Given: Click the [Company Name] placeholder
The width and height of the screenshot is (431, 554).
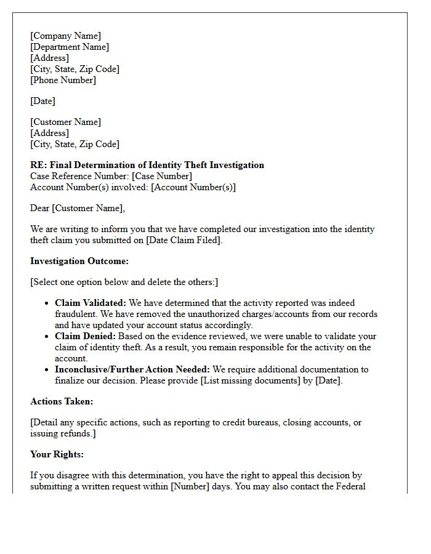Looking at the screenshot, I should tap(66, 36).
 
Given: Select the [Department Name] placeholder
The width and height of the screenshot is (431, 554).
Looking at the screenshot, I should tap(70, 47).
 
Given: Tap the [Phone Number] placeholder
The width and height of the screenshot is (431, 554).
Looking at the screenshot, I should tap(63, 80).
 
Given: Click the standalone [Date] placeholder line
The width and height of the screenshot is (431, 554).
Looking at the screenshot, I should tap(43, 101).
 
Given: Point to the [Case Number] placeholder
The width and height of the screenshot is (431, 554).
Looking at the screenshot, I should tap(162, 176).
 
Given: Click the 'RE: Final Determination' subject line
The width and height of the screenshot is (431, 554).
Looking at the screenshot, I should tap(147, 165).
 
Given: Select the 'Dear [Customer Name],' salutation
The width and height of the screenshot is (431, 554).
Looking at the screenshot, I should tap(78, 208).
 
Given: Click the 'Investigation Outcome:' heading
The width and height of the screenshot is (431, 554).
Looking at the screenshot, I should tap(79, 261).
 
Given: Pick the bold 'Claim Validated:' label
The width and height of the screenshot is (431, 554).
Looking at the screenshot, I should tap(91, 303).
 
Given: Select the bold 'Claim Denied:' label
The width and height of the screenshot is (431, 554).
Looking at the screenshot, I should tap(85, 336).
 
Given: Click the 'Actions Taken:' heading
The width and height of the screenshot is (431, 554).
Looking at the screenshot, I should tap(62, 401).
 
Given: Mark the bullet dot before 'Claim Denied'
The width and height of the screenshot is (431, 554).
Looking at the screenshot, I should tap(47, 337).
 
